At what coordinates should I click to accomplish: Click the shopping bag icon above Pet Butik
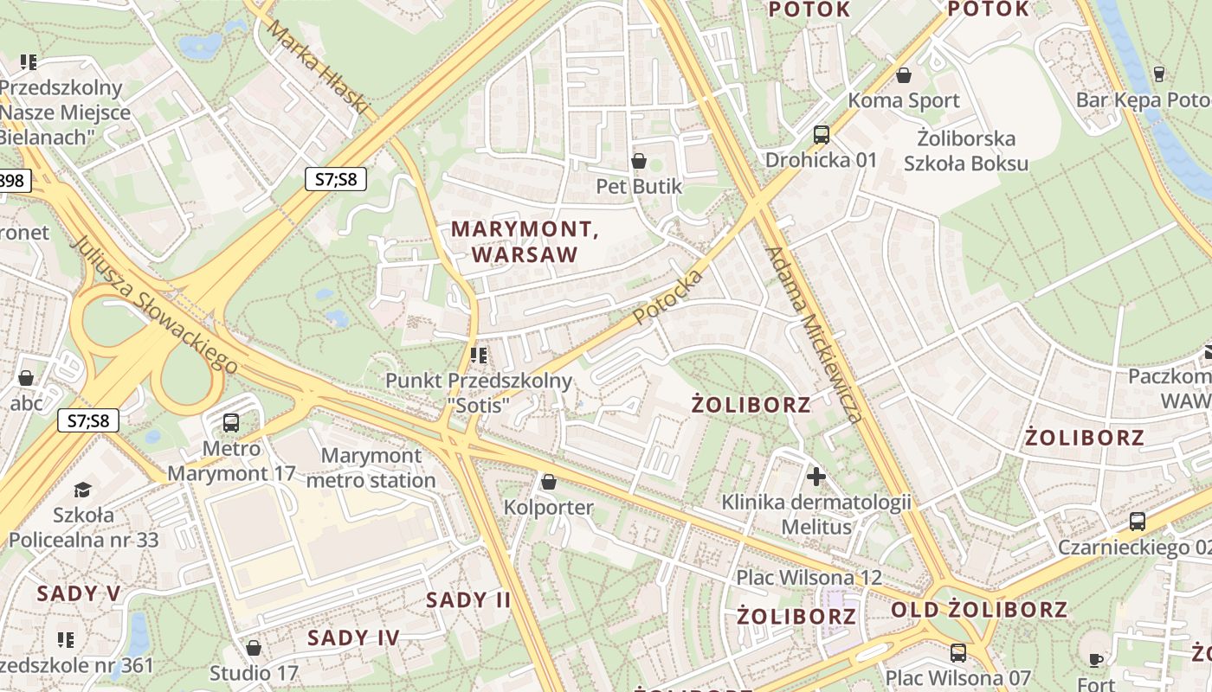[x=639, y=161]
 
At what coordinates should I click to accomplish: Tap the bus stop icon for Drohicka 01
[x=821, y=135]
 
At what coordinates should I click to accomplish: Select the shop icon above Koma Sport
[x=904, y=75]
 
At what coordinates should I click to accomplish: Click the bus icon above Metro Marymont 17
[x=230, y=423]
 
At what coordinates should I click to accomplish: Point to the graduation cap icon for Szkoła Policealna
[x=82, y=490]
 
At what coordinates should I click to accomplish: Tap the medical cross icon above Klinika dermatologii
[x=816, y=476]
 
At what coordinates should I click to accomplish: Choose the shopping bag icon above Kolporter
[x=548, y=481]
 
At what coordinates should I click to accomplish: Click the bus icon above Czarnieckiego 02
[x=1138, y=522]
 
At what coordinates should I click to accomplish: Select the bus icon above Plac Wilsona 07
[x=957, y=652]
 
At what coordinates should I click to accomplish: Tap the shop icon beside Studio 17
[x=254, y=647]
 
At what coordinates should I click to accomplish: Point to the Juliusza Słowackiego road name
[x=155, y=304]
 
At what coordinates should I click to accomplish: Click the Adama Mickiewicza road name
[x=814, y=335]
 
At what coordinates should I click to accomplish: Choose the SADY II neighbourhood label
[x=468, y=599]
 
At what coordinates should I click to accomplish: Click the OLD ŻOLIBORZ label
[x=979, y=609]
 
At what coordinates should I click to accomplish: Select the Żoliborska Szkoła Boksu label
[x=965, y=151]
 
